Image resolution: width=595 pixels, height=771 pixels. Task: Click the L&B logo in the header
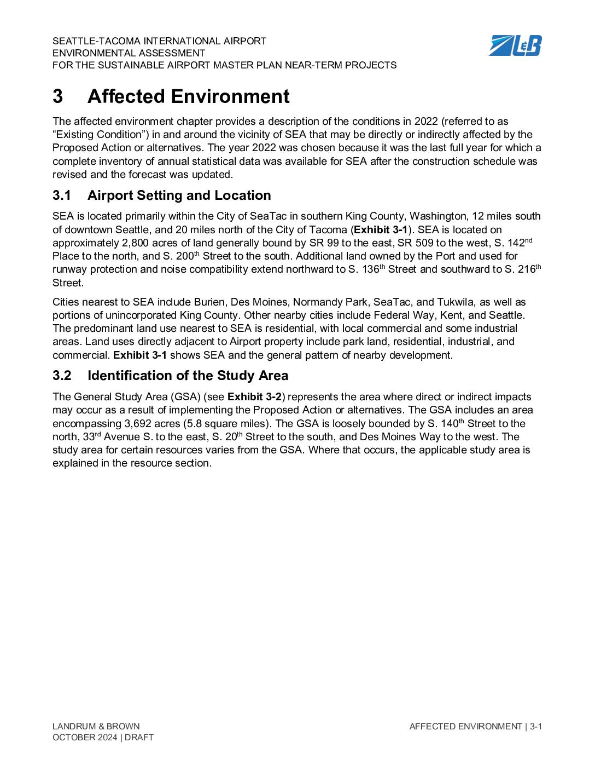[x=515, y=45]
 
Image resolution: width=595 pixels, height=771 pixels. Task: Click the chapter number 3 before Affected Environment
[x=58, y=96]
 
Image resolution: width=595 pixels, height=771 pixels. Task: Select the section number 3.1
[x=62, y=195]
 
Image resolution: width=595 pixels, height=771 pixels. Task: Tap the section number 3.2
[x=62, y=376]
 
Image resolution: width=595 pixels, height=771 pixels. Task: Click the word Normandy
[x=317, y=302]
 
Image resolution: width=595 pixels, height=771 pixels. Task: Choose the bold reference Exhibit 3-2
[x=254, y=396]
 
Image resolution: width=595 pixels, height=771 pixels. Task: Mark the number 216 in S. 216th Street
[x=525, y=269]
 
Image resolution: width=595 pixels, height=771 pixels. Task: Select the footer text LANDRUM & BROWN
[x=96, y=726]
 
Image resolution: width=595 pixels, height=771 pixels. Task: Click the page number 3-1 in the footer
[x=535, y=726]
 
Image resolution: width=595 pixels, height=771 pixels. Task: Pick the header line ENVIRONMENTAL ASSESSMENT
[x=129, y=53]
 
